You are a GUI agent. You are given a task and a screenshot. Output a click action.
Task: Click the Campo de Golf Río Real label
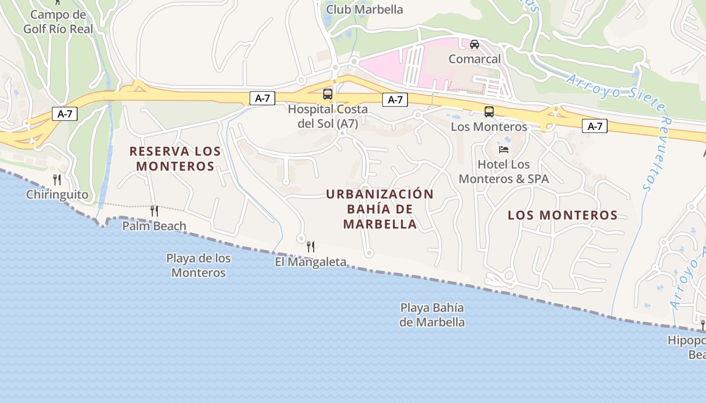[x=58, y=22]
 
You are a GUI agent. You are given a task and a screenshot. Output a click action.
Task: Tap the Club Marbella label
[x=365, y=10]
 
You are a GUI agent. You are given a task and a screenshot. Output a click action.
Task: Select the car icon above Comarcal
[x=475, y=44]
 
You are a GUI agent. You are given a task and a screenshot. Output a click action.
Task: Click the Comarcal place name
[x=475, y=59]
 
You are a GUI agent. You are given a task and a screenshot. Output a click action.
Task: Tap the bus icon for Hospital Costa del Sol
[x=328, y=94]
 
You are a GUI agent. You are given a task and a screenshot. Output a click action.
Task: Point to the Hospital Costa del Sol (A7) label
[x=328, y=116]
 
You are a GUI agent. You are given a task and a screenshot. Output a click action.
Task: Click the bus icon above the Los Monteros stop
[x=489, y=112]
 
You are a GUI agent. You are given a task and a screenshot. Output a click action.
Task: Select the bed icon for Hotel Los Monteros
[x=504, y=150]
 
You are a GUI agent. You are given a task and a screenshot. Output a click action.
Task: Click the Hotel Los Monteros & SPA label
[x=504, y=171]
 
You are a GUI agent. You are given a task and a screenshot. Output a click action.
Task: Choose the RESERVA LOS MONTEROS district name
[x=175, y=158]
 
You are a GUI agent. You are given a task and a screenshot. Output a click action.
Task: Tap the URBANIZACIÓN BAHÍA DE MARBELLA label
[x=380, y=209]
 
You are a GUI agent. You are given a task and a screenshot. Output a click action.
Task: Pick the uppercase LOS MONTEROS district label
[x=562, y=215]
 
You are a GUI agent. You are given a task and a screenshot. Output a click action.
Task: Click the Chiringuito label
[x=57, y=194]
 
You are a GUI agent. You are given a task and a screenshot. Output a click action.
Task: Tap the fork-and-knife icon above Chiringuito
[x=57, y=179]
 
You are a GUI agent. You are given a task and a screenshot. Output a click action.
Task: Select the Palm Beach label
[x=154, y=226]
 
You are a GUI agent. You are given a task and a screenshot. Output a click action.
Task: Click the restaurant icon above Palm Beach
[x=154, y=211]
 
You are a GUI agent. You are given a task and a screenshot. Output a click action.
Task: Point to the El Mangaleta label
[x=311, y=262]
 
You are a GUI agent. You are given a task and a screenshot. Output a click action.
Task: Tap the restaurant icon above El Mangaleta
[x=311, y=246]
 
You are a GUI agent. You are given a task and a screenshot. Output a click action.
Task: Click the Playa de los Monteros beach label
[x=199, y=265]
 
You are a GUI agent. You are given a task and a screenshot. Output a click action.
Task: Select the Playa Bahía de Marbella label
[x=432, y=315]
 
